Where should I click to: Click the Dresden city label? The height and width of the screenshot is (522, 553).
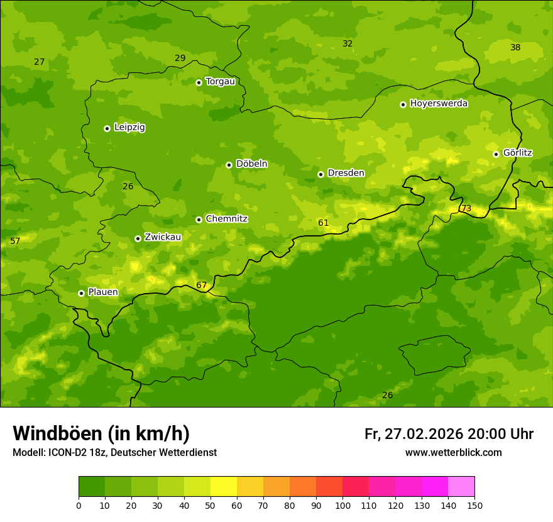coord(346,173)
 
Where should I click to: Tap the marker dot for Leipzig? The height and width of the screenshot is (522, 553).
coord(107,128)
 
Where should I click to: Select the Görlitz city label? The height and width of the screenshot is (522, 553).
coord(517,153)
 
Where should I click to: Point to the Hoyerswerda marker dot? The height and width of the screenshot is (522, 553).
coord(403,104)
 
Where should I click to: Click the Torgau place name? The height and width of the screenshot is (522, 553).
coord(220,82)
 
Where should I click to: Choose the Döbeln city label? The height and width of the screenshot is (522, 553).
coord(251,164)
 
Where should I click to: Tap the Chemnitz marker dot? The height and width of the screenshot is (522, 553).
coord(199,219)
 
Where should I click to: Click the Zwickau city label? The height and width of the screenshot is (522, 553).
coord(163,237)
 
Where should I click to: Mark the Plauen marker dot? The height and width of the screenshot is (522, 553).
coord(81,293)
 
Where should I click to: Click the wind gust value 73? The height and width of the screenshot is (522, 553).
coord(466,209)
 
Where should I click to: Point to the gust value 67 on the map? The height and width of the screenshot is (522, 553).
coord(201,286)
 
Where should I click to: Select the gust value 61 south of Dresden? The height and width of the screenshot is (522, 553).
coord(323,223)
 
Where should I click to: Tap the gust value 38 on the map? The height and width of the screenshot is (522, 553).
coord(515,48)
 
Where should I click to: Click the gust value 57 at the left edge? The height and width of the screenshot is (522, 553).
coord(15,242)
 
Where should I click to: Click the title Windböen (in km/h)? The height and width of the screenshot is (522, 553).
coord(101,433)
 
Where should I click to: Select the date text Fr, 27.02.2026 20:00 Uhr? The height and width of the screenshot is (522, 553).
coord(449,434)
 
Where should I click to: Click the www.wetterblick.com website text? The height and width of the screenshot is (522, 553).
coord(453,453)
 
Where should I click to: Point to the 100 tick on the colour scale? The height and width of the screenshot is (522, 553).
coord(342,505)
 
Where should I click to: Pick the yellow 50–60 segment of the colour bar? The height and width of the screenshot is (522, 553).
coord(224,487)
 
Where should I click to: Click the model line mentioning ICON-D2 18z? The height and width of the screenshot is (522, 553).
coord(114,453)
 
